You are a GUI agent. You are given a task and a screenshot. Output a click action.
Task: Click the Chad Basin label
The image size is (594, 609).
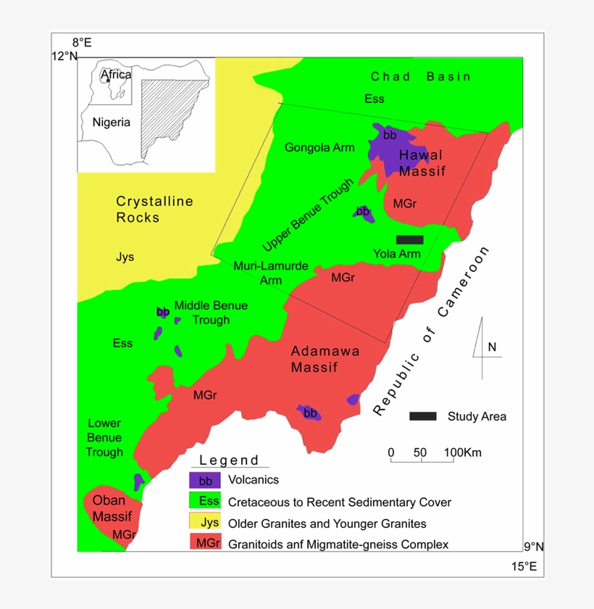click(x=420, y=76)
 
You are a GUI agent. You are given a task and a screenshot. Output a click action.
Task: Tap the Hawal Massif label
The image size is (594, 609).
click(x=420, y=163)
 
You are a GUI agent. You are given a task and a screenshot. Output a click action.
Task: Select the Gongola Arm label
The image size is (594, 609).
click(x=319, y=148)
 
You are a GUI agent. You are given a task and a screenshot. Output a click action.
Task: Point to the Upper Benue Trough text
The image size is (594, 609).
click(x=308, y=215)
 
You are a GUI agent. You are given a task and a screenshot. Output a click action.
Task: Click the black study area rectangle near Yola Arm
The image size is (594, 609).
click(x=409, y=239)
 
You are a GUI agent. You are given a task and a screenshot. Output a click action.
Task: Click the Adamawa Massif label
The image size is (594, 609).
click(x=325, y=359)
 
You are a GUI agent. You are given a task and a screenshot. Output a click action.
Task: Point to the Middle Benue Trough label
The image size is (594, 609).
click(x=211, y=312)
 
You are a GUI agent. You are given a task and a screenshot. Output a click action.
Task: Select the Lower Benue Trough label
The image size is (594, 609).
click(x=104, y=437)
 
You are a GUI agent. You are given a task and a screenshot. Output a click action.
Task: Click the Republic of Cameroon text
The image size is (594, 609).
click(x=432, y=331)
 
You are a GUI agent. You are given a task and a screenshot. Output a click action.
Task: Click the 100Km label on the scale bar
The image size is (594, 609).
click(x=462, y=453)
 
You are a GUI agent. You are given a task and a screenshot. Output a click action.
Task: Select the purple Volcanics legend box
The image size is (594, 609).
click(x=205, y=480)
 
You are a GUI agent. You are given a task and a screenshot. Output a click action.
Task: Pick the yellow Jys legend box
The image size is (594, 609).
click(x=205, y=522)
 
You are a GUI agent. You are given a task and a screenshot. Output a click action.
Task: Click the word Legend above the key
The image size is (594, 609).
click(x=229, y=460)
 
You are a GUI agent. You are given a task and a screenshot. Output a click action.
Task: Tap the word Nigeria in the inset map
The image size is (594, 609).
click(x=112, y=122)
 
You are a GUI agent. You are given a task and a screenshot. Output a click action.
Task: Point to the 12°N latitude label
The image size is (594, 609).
click(x=64, y=56)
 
